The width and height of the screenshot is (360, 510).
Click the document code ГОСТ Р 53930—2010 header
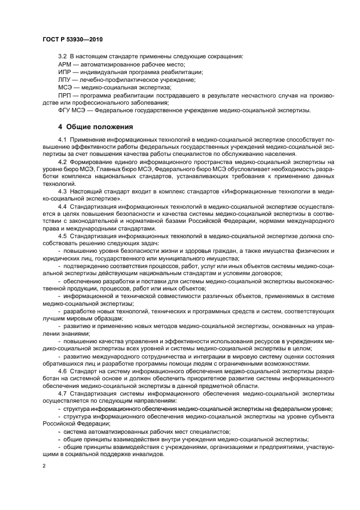(x=72, y=40)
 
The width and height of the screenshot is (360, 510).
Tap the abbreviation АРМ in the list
(x=64, y=64)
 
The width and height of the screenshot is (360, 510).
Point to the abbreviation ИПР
(x=64, y=72)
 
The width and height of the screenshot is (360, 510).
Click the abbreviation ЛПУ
(x=64, y=80)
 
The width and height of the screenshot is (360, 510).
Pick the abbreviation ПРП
(x=65, y=95)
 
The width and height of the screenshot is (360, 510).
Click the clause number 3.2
(x=62, y=57)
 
